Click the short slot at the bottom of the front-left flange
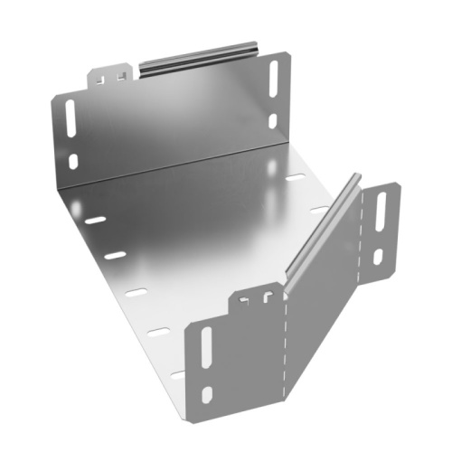(207, 393)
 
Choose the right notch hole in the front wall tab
(268, 295)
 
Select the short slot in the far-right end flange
(378, 256)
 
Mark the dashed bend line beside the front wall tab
(286, 344)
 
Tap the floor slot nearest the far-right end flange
(318, 210)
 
